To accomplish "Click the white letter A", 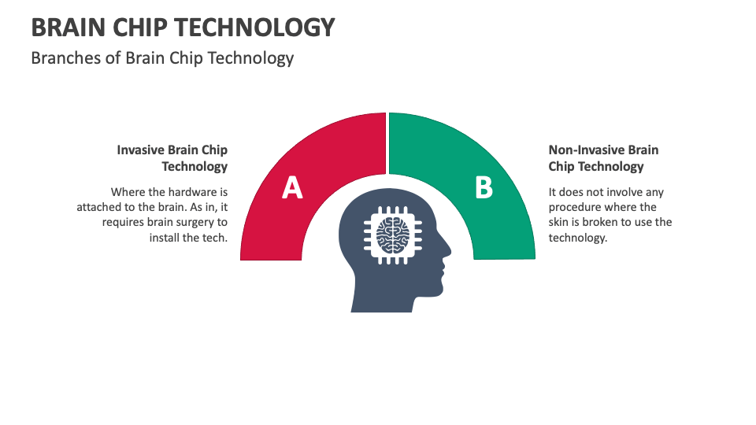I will [292, 188].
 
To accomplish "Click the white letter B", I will [483, 188].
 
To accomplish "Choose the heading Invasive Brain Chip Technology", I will [173, 157].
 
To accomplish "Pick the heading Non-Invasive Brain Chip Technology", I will [603, 157].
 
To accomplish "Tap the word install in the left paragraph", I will [165, 237].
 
